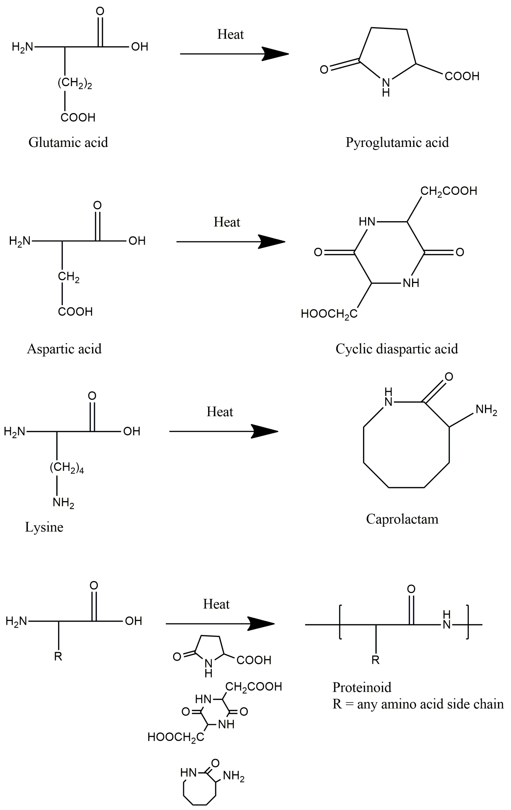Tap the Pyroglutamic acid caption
(x=397, y=142)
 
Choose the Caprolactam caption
(x=402, y=519)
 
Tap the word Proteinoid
(x=362, y=687)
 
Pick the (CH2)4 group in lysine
(x=67, y=468)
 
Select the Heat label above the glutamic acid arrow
(x=230, y=34)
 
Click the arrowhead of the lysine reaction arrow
(x=266, y=431)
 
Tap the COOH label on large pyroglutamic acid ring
(x=462, y=76)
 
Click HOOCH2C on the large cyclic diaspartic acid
(x=329, y=314)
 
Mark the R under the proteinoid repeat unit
(x=376, y=660)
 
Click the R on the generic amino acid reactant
(x=58, y=656)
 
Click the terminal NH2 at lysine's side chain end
(x=63, y=503)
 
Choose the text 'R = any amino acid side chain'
(x=418, y=704)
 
